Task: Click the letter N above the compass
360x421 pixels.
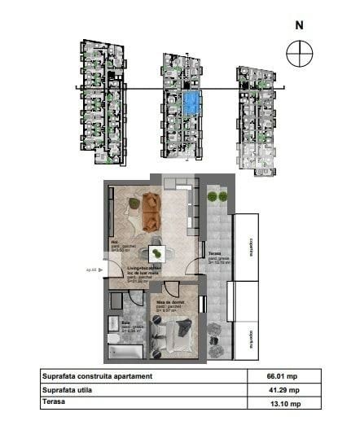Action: click(299, 24)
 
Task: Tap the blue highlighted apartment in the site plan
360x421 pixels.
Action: click(191, 103)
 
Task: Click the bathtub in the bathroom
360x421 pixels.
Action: click(125, 351)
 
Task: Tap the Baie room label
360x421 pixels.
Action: click(115, 322)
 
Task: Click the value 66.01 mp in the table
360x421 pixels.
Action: click(284, 377)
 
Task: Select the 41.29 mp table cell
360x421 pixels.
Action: click(284, 390)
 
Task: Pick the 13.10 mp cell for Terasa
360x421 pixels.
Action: click(284, 403)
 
